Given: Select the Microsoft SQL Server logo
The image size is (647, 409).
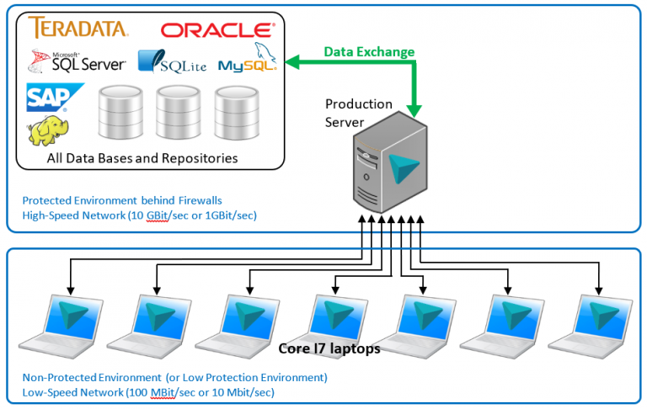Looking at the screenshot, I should coord(77,61).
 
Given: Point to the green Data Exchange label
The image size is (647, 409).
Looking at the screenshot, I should coord(369,52).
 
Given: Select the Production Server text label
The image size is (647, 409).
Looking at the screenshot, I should coord(358,113).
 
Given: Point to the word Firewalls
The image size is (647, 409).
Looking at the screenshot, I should coord(218,201).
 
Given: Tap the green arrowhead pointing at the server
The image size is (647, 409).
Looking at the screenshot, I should coord(414,109).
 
